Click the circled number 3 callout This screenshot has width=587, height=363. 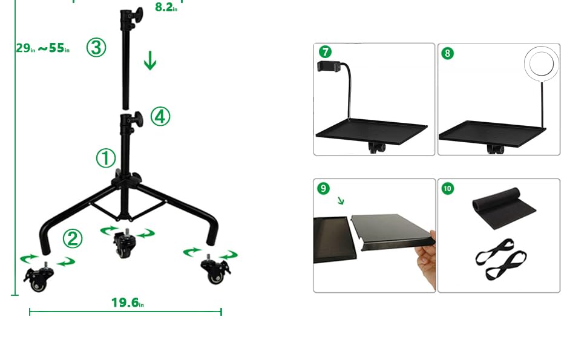point(96,47)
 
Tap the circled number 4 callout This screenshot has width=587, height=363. point(160,116)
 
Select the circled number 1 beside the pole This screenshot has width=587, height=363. point(106,159)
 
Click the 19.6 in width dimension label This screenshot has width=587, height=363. point(127,302)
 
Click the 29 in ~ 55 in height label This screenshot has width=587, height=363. point(42,48)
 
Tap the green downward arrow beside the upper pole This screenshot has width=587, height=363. point(149,61)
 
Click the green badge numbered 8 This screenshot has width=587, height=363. point(447,53)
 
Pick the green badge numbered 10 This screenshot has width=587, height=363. point(447,188)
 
